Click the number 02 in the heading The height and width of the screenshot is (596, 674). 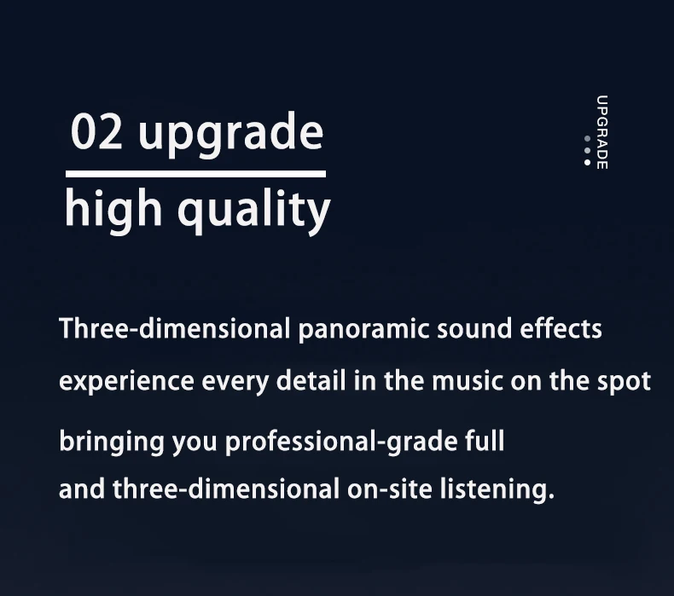coord(96,131)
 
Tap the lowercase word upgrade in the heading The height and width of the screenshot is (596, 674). coord(231,134)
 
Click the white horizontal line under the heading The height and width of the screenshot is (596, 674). coord(195,174)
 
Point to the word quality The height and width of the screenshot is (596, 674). coord(254,211)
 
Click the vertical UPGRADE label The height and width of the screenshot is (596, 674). coord(602,132)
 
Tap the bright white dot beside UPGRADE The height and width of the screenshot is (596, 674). coord(587,162)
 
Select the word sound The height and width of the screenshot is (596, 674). coord(474,329)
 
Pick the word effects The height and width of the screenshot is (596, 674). coord(561,329)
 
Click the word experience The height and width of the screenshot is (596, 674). coord(126,382)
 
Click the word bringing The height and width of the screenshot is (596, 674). coord(112,443)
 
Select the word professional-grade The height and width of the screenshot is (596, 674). coord(341,443)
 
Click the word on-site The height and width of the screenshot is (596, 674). coord(389,489)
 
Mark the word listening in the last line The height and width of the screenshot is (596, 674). coord(494,490)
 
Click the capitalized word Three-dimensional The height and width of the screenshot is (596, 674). coord(174,329)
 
